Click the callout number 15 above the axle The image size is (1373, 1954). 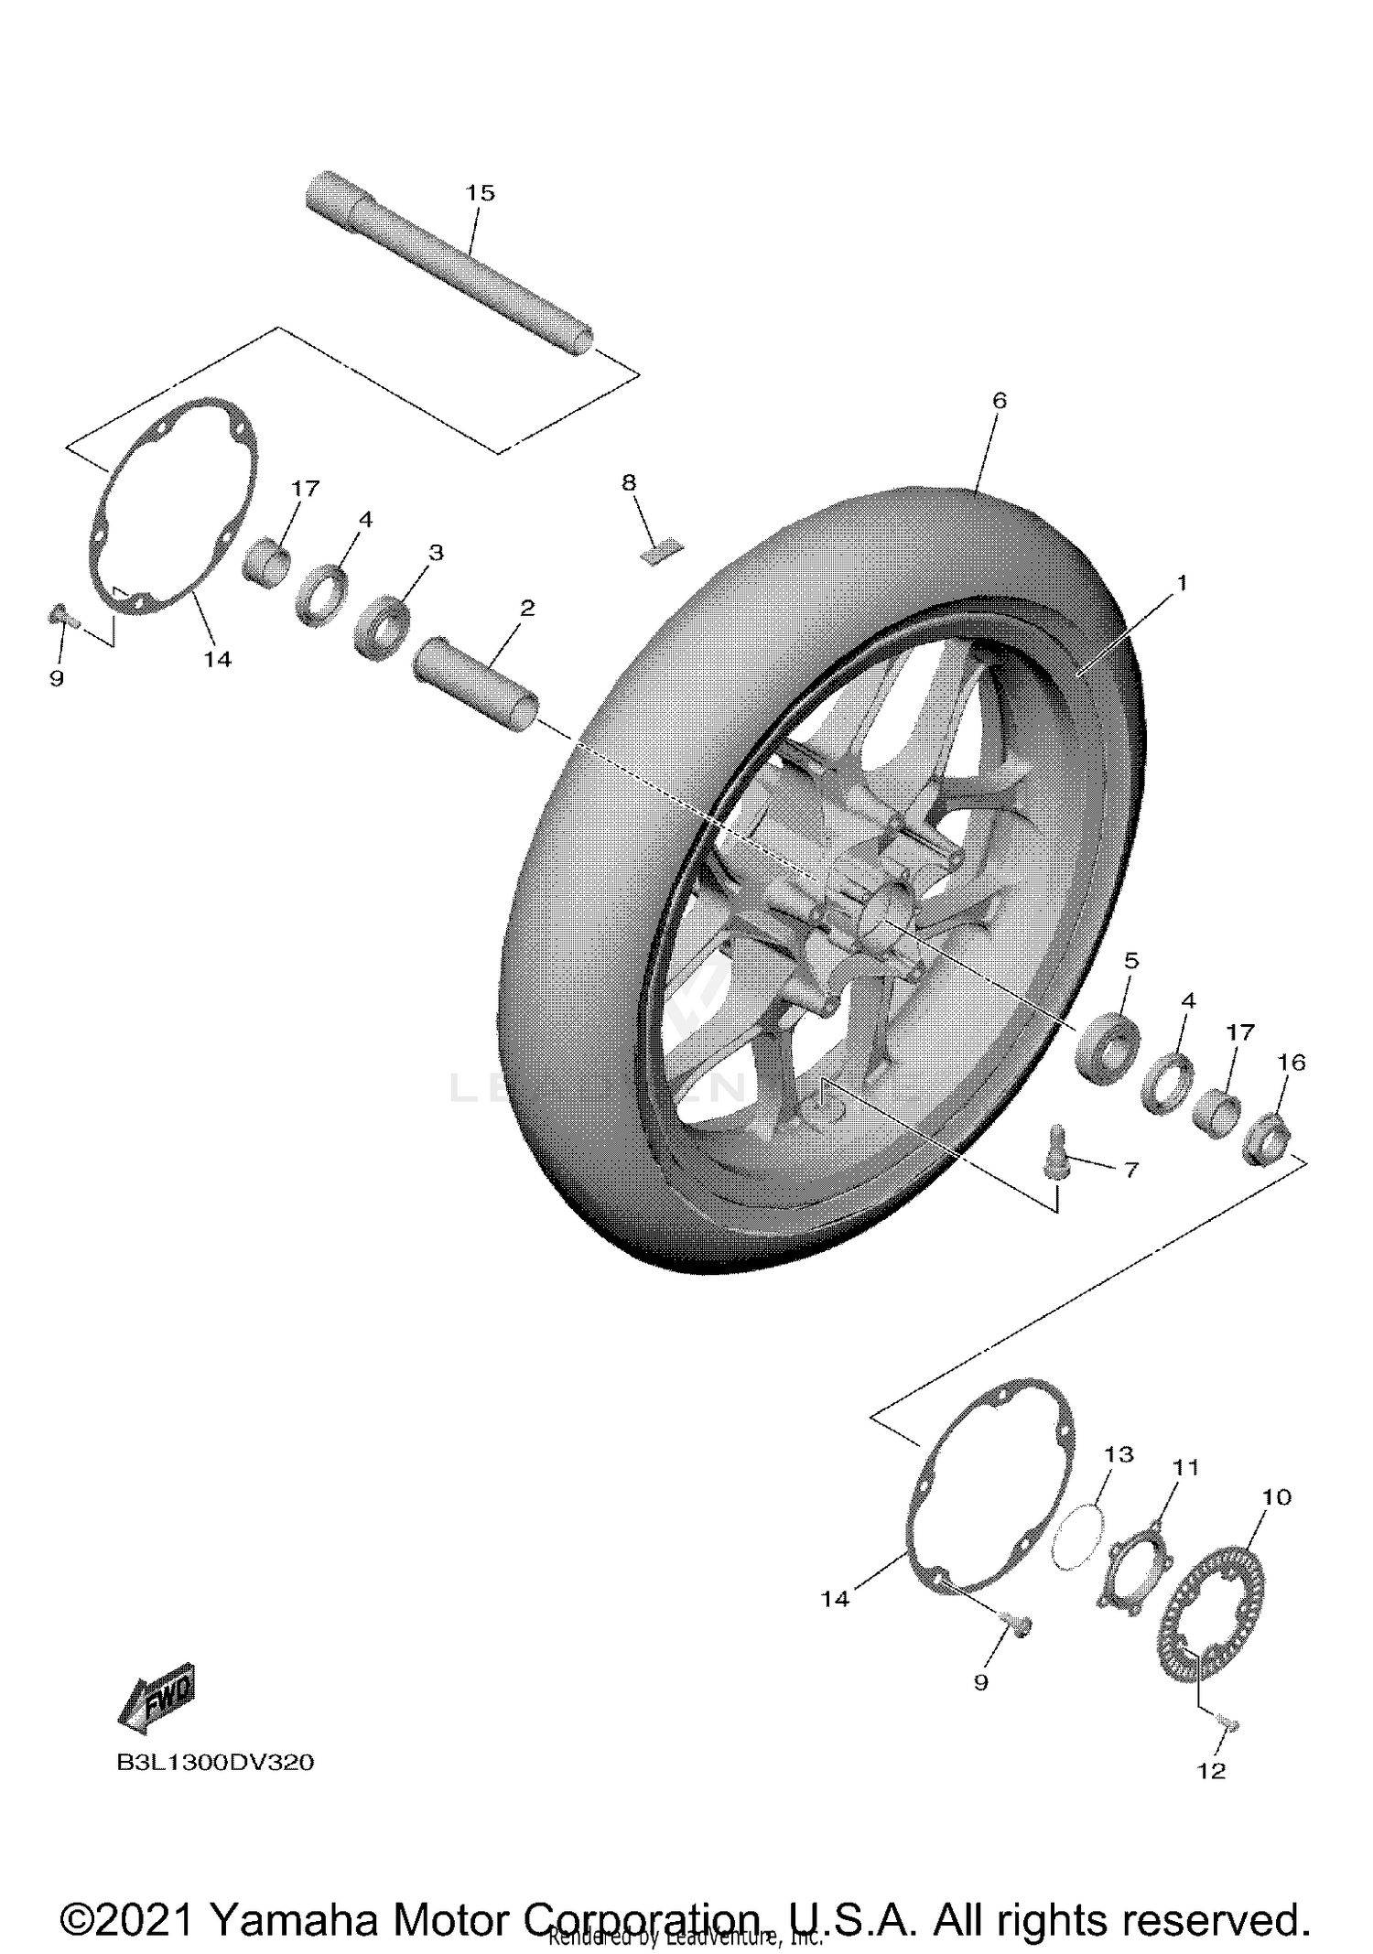[480, 193]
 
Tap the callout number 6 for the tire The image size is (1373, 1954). [999, 401]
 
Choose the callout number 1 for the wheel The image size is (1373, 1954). [1181, 583]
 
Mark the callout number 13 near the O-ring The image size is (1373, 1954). [1119, 1454]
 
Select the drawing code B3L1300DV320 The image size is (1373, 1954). [215, 1762]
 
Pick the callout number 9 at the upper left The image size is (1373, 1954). [57, 678]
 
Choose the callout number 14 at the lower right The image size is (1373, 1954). [835, 1599]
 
